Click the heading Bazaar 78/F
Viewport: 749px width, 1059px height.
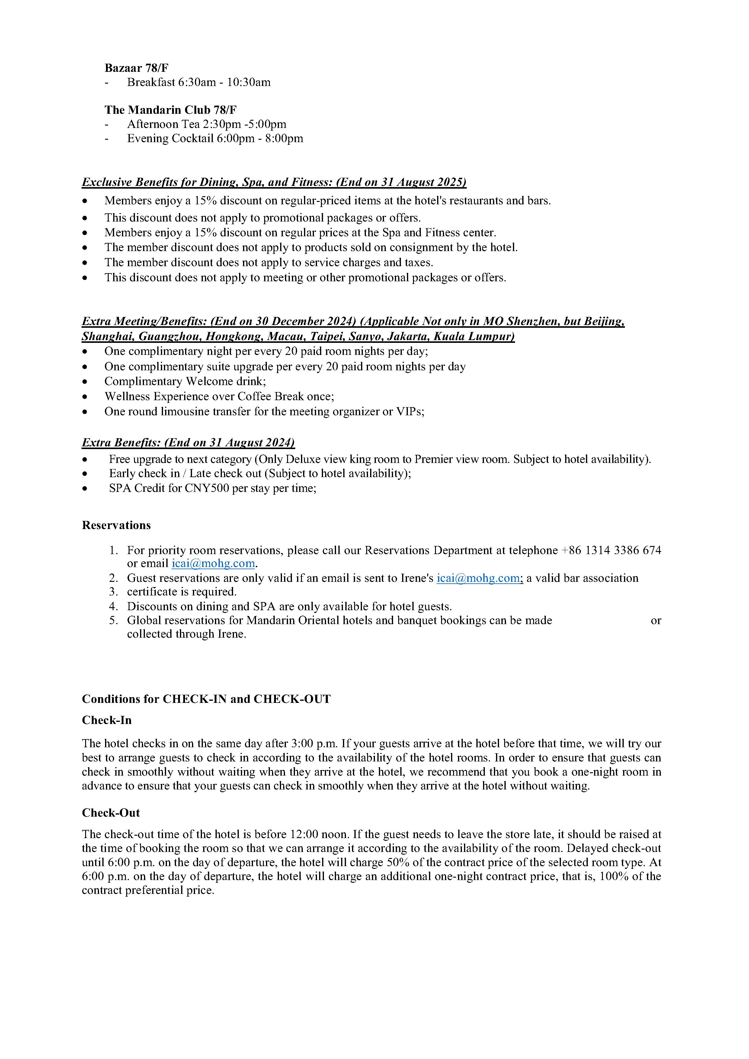(x=136, y=68)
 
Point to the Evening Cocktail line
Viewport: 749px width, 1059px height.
(x=215, y=138)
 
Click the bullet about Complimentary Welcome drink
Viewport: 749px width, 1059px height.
(x=185, y=381)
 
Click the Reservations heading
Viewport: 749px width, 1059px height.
(x=116, y=525)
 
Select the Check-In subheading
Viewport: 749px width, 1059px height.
(x=107, y=720)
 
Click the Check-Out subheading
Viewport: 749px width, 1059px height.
(x=111, y=813)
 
